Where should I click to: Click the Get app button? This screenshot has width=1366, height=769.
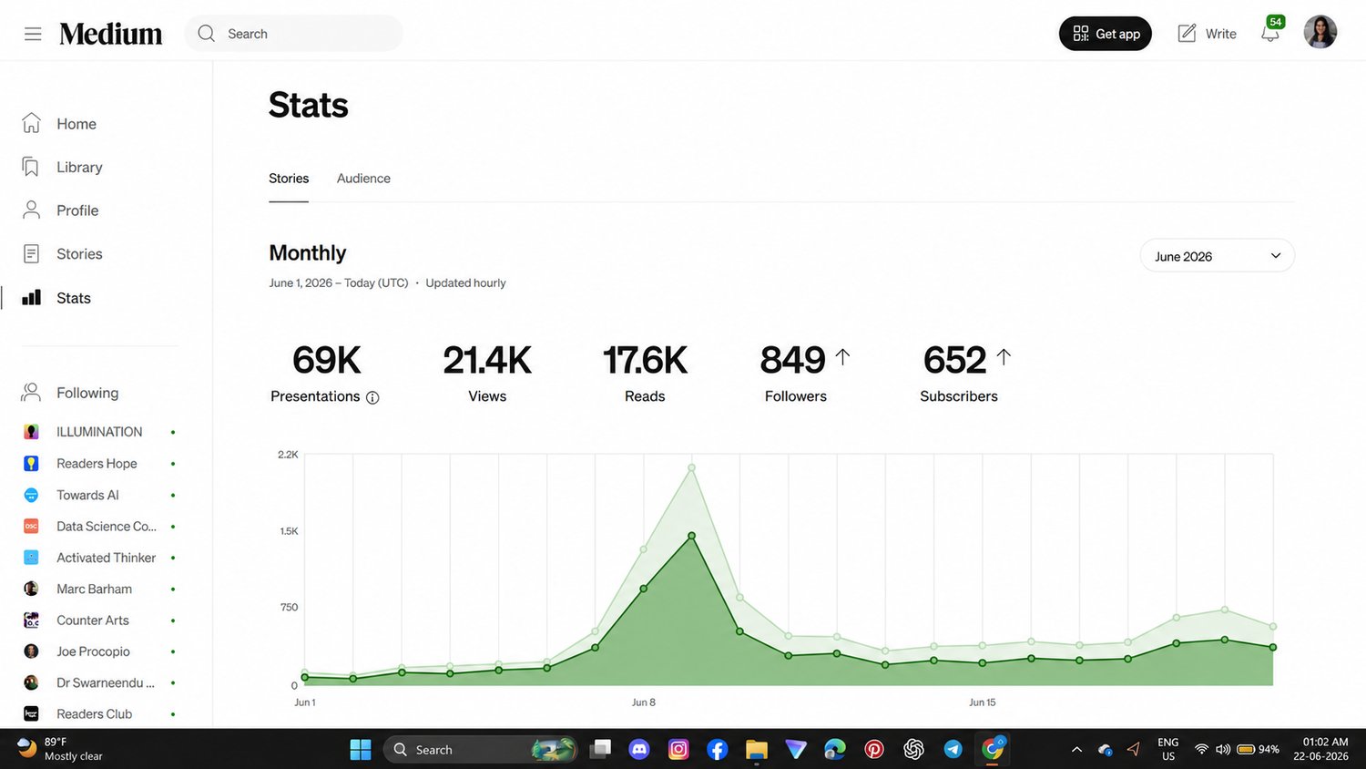[x=1105, y=34]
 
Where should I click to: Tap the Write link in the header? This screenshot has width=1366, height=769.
[x=1207, y=34]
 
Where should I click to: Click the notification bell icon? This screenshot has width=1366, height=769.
[x=1270, y=33]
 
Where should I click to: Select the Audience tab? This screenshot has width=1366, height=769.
[x=363, y=179]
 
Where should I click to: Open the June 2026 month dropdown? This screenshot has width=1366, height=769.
[x=1218, y=256]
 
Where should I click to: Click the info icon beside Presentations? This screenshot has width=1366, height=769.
[x=372, y=398]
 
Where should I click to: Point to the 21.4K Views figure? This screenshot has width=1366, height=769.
[x=487, y=360]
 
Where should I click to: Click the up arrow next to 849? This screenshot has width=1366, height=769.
[x=842, y=357]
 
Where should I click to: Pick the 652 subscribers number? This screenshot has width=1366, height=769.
[x=954, y=360]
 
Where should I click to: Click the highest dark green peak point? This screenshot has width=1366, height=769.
[x=691, y=536]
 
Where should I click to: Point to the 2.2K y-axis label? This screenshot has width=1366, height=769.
[x=288, y=455]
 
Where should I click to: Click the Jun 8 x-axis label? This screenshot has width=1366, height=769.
[x=643, y=702]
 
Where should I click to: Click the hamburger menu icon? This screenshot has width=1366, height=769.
[x=33, y=34]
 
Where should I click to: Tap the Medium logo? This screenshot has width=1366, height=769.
[x=111, y=34]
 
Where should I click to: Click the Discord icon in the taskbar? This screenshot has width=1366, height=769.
[x=639, y=749]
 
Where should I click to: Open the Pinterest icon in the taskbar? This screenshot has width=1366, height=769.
[x=874, y=749]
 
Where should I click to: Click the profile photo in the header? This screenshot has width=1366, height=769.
[x=1320, y=33]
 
